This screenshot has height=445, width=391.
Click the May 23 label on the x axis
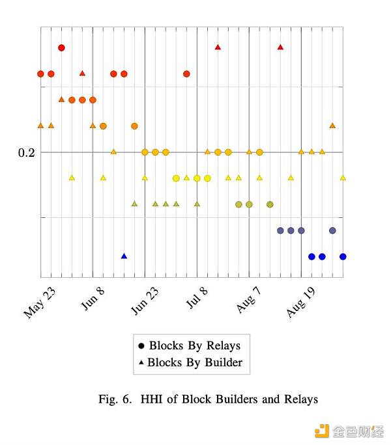(40, 303)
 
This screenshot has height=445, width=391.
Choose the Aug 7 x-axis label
(250, 300)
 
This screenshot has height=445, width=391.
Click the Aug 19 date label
(301, 303)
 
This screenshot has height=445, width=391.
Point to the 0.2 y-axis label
(27, 152)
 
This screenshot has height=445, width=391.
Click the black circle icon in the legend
(141, 345)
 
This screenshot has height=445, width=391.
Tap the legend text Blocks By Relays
(194, 345)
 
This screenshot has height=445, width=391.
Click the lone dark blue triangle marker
(124, 256)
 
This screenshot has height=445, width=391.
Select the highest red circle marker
(61, 47)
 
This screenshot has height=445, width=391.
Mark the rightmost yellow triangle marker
(343, 178)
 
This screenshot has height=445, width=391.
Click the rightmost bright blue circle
(343, 256)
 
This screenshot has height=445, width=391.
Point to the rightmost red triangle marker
(280, 47)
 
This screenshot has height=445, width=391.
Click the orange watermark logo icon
(322, 431)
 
